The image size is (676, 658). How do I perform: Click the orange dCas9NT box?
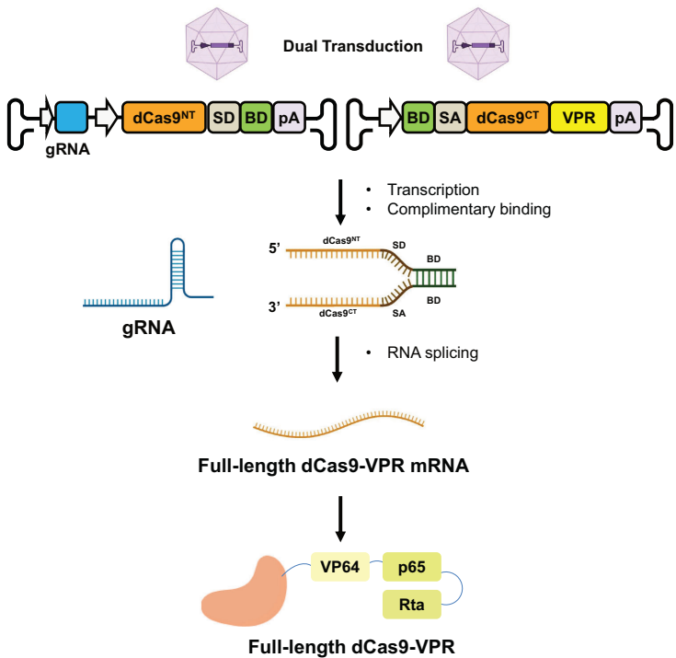pos(164,117)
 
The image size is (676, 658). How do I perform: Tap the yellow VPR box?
pos(579,117)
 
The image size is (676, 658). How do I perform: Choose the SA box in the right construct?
pos(450,117)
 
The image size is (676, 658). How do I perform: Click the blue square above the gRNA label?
pos(72,117)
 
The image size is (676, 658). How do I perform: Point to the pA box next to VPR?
pos(625,117)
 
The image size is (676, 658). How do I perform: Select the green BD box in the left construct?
pos(255,117)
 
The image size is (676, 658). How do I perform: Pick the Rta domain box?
pos(411,605)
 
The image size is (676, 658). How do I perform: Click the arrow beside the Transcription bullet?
pos(339,201)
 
